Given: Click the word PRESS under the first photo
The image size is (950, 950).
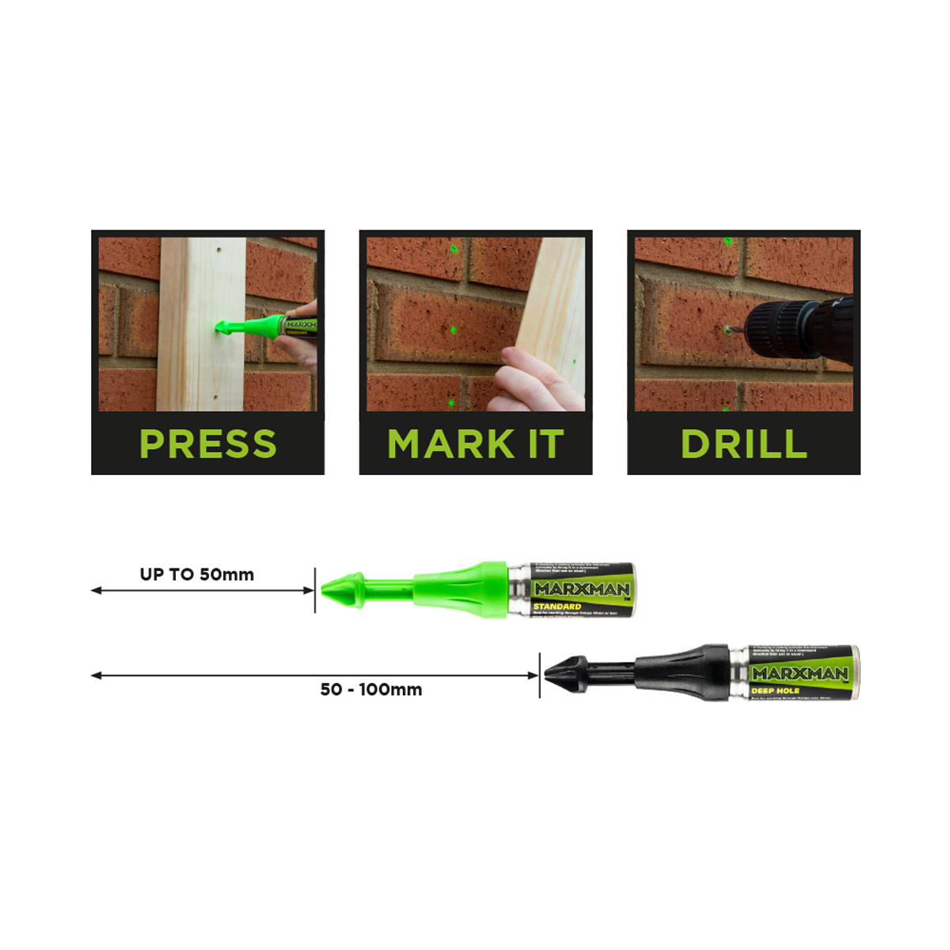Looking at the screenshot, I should point(208,444).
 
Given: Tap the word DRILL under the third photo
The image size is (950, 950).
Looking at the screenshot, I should point(744,444).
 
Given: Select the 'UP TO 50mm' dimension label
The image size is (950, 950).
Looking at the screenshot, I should point(197,575).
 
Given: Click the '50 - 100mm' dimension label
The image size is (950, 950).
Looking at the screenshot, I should point(370,690).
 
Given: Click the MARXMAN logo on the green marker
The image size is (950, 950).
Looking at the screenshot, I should point(582,589).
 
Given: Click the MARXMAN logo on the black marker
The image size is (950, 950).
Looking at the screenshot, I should point(800,674).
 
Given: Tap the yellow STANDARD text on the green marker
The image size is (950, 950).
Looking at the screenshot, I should point(557,606).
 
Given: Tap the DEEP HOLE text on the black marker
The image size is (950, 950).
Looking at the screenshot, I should point(775,691).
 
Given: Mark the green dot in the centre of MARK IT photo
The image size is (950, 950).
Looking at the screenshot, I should point(453,329).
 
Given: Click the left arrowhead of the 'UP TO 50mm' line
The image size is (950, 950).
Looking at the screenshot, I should point(96,591).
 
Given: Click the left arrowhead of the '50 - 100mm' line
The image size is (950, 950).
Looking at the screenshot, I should point(96,675).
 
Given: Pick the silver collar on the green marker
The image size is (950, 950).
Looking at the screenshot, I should point(519,590).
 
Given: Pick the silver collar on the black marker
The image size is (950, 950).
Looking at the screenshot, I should point(739,674).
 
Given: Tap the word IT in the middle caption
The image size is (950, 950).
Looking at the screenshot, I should point(545,444).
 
